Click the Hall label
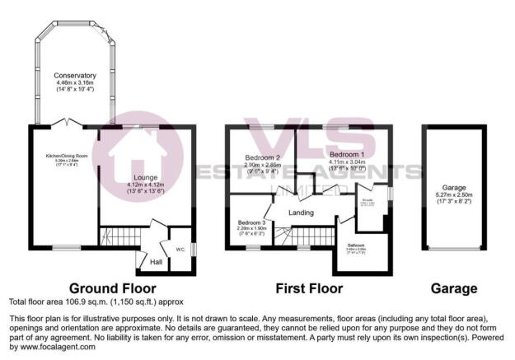[154, 262]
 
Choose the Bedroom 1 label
[346, 155]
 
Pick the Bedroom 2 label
[261, 158]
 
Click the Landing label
[302, 213]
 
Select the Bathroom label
[356, 245]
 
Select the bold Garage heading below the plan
[454, 288]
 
